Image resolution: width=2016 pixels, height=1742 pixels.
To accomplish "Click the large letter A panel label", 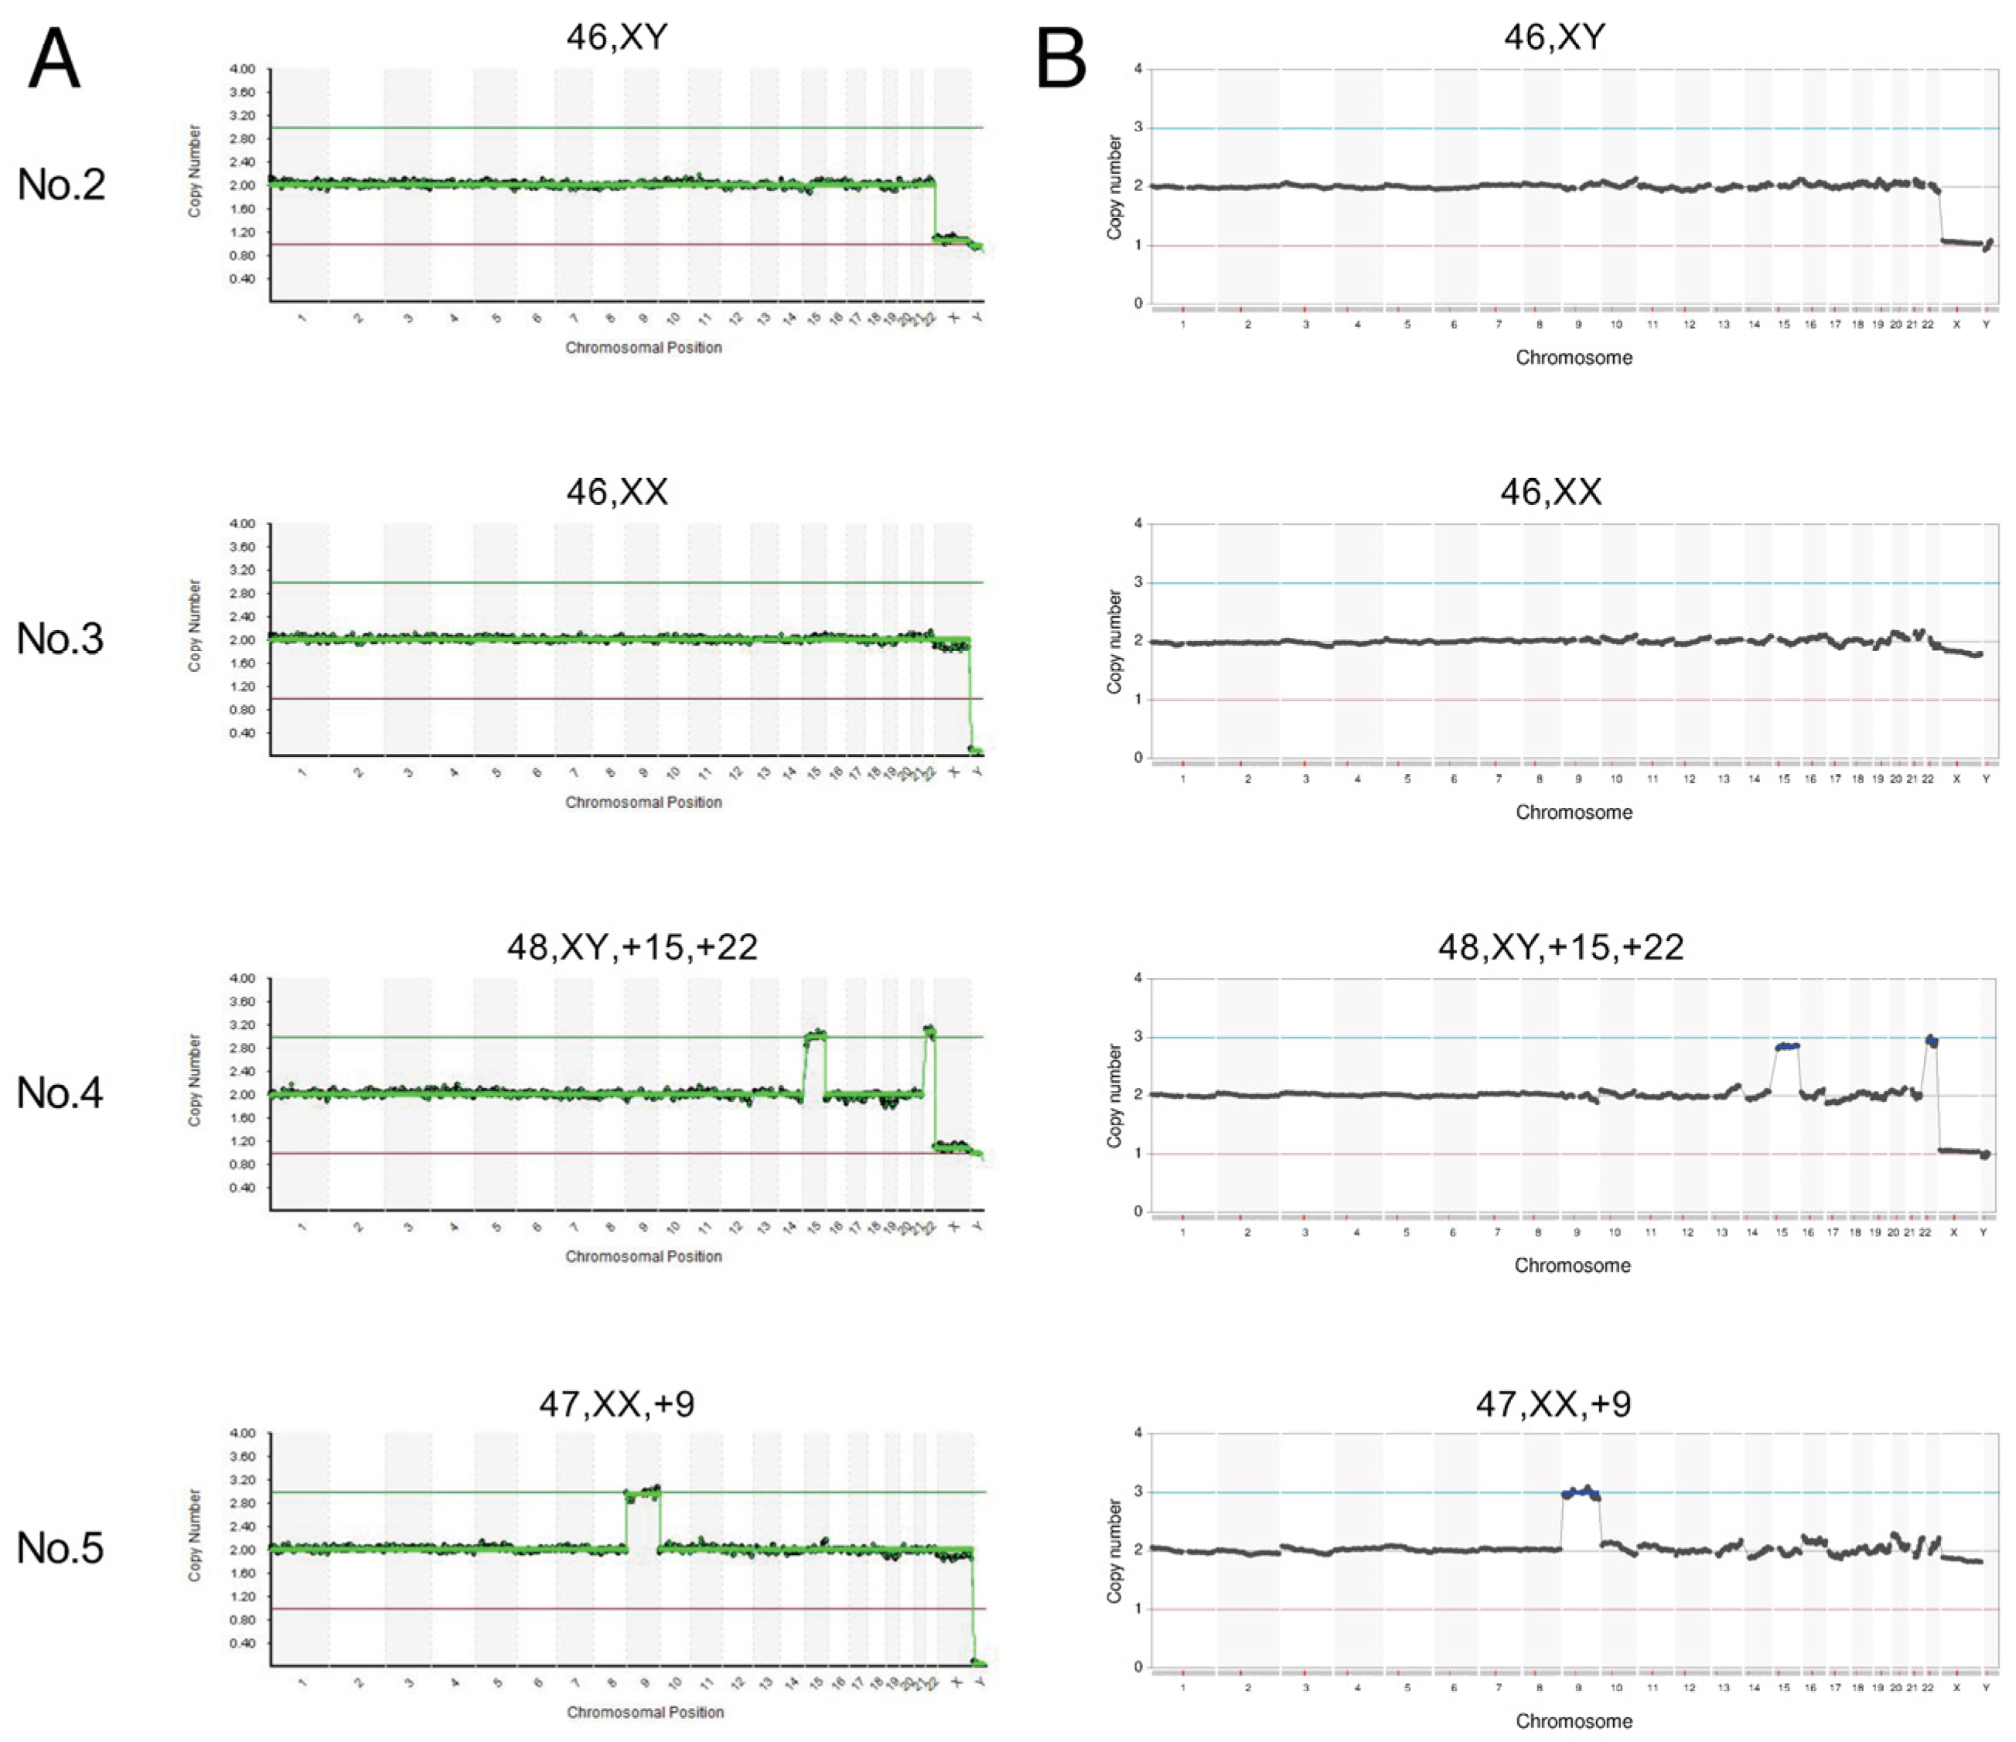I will point(54,58).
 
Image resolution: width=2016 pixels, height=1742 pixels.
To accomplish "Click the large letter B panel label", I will point(1062,58).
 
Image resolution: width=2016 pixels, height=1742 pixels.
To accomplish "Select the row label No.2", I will point(60,184).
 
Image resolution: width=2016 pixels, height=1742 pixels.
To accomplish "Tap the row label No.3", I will point(60,639).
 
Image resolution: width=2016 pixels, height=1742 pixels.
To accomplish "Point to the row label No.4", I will point(60,1093).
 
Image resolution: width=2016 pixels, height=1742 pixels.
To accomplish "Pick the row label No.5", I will point(60,1547).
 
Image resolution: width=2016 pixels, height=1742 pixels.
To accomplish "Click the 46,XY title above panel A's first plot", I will point(617,36).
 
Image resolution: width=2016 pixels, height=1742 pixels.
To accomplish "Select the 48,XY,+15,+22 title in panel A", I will point(633,946).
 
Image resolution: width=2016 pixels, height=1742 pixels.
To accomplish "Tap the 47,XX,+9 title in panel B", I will point(1553,1403).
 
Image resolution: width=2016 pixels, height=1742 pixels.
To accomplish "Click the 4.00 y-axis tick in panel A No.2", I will point(242,69).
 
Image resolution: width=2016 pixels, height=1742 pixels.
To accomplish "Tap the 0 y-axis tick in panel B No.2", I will point(1138,303).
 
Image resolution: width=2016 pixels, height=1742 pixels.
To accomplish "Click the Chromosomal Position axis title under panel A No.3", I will point(643,803).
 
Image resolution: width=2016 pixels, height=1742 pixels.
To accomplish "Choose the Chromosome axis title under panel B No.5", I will point(1574,1722).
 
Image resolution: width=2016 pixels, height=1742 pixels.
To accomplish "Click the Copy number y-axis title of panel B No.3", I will point(1115,642).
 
